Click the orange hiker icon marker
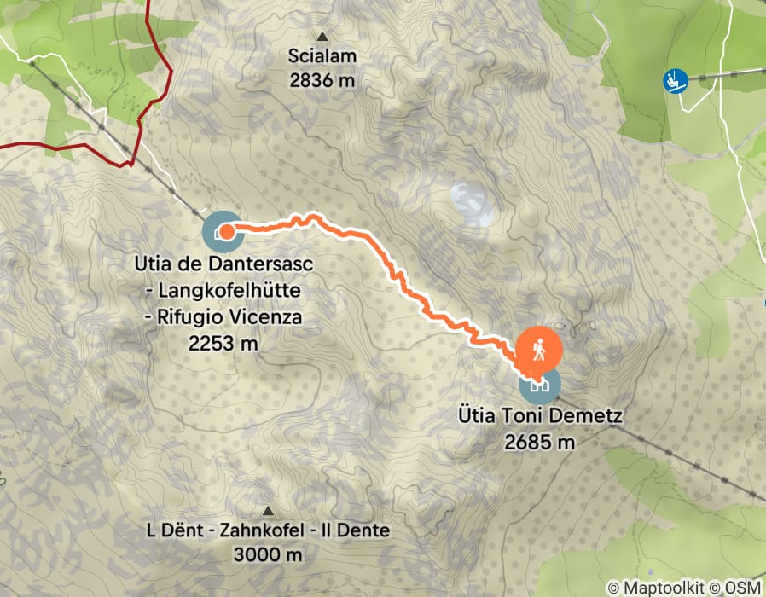coord(539,349)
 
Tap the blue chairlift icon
coord(676,81)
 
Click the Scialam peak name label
coord(322,56)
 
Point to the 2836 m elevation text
coord(322,81)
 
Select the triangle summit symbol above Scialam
coord(322,37)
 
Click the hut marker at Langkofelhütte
coord(223,230)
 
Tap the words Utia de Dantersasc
coord(223,264)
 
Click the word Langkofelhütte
coord(229,291)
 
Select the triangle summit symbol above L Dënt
coord(269,511)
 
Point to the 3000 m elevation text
coord(268,555)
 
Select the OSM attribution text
coord(741,588)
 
